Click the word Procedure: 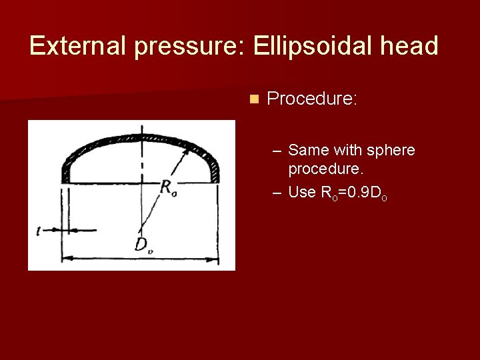[312, 99]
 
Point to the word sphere [391, 151]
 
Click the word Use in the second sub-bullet [301, 193]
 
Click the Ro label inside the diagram [169, 187]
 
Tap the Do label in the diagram [142, 245]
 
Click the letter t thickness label [40, 231]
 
